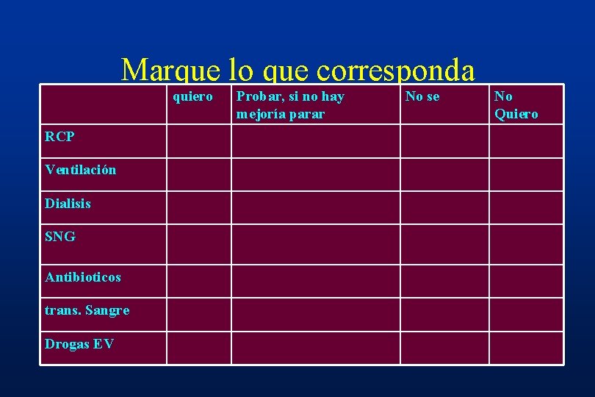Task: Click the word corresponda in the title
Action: [x=396, y=70]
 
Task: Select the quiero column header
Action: [x=192, y=96]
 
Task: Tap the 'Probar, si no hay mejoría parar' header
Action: [x=290, y=105]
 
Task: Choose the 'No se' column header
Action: [x=422, y=96]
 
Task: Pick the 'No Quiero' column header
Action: [x=516, y=105]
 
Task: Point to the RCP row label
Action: [x=59, y=136]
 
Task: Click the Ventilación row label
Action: [x=80, y=170]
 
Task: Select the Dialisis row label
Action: [x=68, y=204]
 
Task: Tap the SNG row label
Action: [x=59, y=237]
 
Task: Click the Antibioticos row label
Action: [x=82, y=277]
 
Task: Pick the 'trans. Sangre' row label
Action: [x=87, y=310]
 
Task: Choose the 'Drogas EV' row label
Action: [x=79, y=344]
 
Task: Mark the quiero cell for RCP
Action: [x=199, y=141]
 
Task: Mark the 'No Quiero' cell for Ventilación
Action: [x=526, y=174]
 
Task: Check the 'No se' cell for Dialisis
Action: [x=444, y=207]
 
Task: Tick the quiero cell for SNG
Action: [x=199, y=244]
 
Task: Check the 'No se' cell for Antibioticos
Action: [x=444, y=281]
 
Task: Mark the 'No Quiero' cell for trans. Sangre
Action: [x=526, y=314]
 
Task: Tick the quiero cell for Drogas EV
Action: [x=199, y=348]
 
